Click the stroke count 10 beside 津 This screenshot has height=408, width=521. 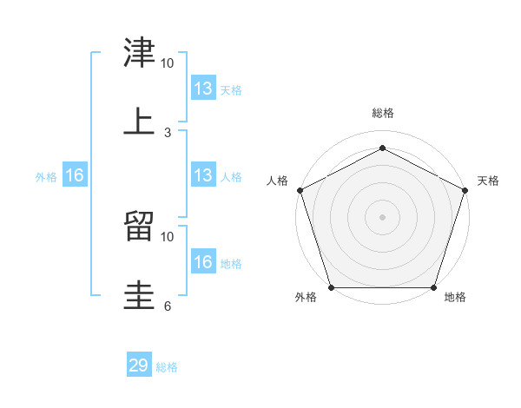click(168, 63)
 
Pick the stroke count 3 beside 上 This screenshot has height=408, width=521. click(168, 132)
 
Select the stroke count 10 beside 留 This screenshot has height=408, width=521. click(168, 236)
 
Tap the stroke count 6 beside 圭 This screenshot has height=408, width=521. click(168, 306)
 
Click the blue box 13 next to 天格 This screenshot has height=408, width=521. click(203, 88)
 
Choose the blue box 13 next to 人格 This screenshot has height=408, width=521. click(203, 175)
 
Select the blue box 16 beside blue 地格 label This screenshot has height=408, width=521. click(203, 262)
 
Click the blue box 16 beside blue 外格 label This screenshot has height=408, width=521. click(75, 175)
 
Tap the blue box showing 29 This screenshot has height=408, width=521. click(139, 365)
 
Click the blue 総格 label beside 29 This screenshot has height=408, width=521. click(167, 367)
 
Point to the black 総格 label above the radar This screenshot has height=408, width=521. click(382, 113)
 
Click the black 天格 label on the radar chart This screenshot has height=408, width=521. click(488, 181)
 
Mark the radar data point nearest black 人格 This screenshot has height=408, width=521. click(300, 190)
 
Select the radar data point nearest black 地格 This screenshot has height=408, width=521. click(433, 287)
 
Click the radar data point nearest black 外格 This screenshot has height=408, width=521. click(331, 287)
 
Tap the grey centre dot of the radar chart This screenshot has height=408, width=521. click(382, 216)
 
